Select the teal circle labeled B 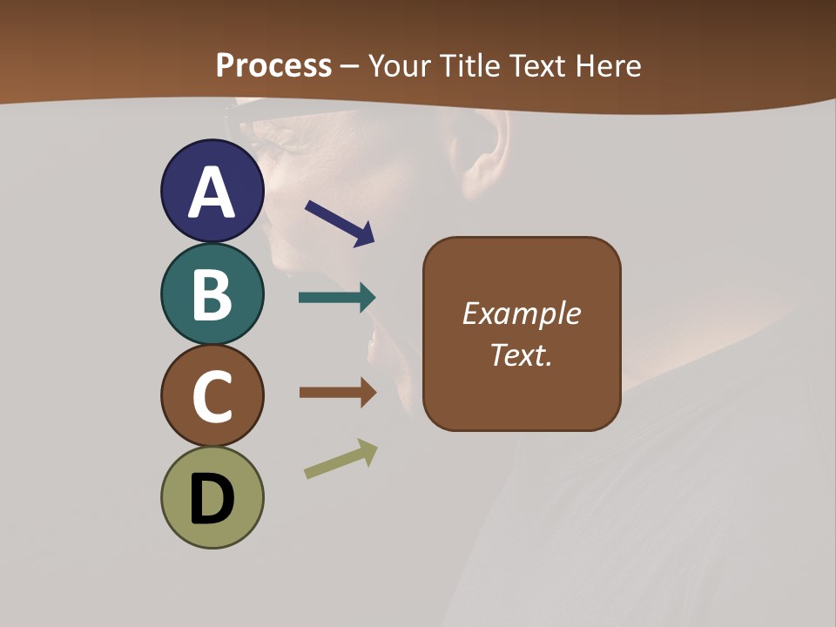click(x=212, y=293)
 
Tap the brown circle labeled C click(x=212, y=396)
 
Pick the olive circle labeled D click(x=212, y=498)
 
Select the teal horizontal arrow click(x=337, y=298)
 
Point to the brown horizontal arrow click(x=337, y=393)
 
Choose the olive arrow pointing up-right click(x=340, y=459)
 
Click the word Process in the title click(x=273, y=65)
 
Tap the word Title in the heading click(x=470, y=65)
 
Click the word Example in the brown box click(x=521, y=313)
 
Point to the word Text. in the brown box click(x=521, y=355)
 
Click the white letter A click(x=212, y=192)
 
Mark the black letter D click(x=212, y=500)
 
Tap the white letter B click(x=212, y=295)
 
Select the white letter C click(x=212, y=398)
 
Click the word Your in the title click(x=401, y=65)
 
